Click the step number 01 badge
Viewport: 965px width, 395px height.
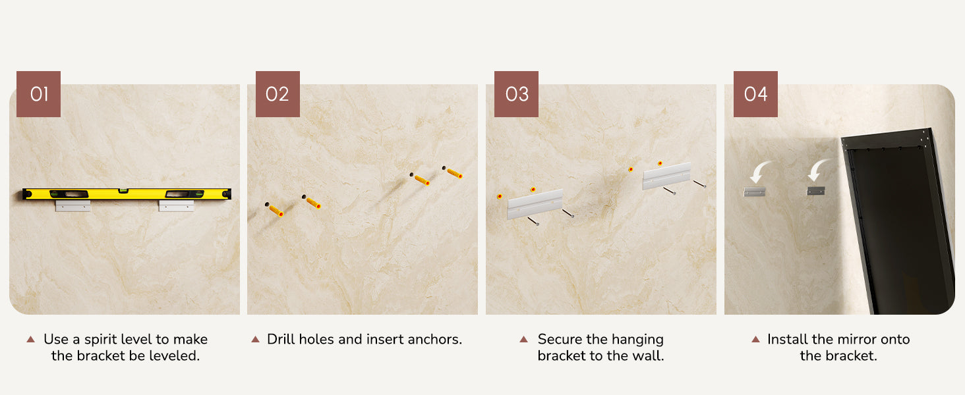point(38,93)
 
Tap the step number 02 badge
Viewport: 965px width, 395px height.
point(278,93)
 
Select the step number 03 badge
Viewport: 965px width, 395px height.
point(516,93)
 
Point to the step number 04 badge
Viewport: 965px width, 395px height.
point(755,93)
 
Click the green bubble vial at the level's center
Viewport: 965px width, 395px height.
point(123,190)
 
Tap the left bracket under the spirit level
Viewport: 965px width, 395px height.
point(73,205)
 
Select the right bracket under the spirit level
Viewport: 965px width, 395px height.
point(176,205)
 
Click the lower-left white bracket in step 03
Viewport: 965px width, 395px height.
point(535,204)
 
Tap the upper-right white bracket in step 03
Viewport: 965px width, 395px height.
point(666,176)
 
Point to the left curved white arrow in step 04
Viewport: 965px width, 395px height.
point(759,172)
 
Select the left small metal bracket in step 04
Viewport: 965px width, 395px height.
point(754,192)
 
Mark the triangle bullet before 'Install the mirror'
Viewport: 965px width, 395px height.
point(755,340)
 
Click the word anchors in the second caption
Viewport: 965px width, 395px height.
point(434,340)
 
